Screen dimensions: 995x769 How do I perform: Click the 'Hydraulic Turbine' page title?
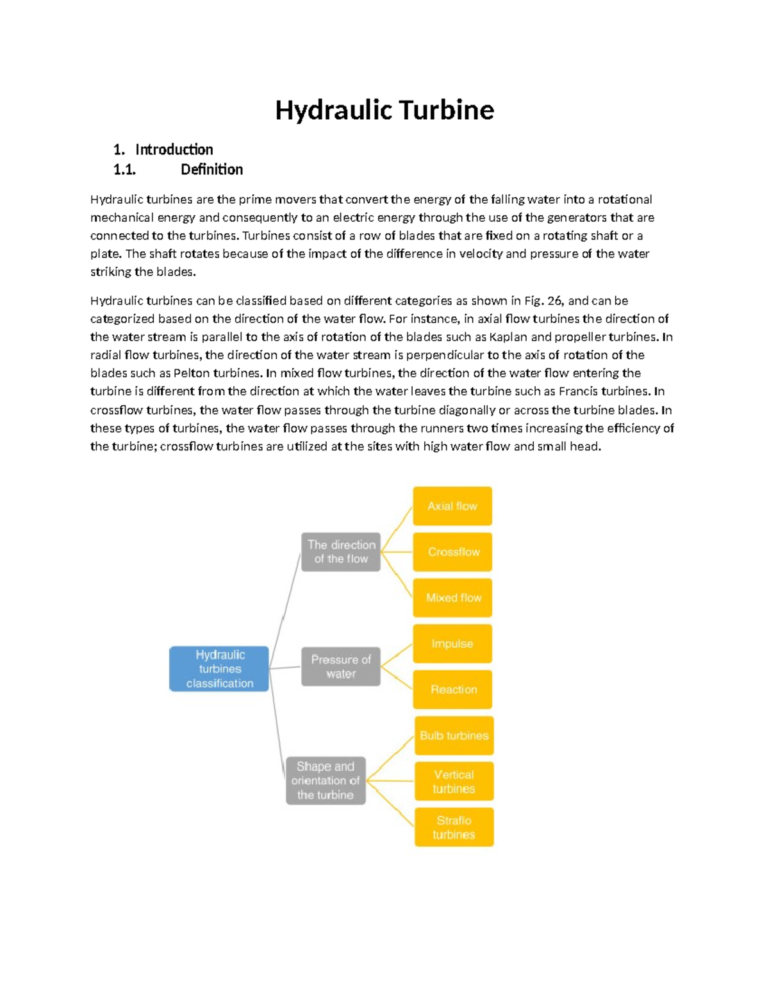[x=384, y=110]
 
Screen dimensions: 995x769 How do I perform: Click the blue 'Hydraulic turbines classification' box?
[x=219, y=669]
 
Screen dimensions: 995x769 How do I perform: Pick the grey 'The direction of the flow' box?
[x=341, y=552]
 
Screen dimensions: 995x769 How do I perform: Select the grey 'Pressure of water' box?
[x=341, y=666]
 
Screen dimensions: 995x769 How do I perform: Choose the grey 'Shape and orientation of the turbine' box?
[x=326, y=780]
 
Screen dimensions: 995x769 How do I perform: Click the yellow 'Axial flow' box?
[x=452, y=506]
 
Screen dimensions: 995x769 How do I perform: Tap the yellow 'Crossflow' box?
[x=453, y=552]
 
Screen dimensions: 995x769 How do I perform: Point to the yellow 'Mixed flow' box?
[x=453, y=598]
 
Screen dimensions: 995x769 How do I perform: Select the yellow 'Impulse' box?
[x=452, y=643]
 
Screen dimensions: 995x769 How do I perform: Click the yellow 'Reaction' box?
[x=453, y=689]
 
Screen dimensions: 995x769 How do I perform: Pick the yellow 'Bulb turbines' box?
[x=454, y=736]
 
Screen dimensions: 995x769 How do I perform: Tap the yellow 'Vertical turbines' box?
[x=454, y=782]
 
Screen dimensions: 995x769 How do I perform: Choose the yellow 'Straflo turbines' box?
[x=454, y=827]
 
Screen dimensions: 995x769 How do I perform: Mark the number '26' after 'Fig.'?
[x=554, y=301]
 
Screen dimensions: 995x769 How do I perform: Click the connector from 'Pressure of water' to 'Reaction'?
[x=397, y=678]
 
